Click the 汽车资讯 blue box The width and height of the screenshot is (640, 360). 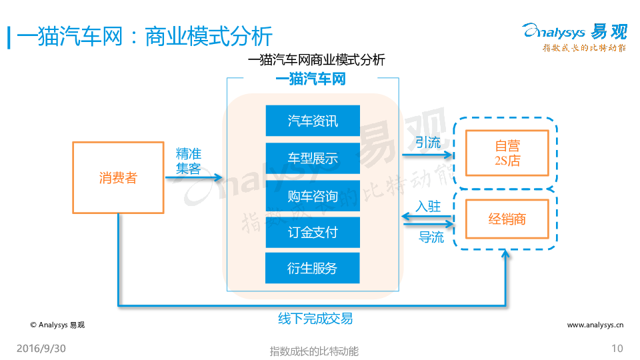coord(313,121)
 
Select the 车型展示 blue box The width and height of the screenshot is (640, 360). coord(313,159)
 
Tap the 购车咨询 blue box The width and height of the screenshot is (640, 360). coord(313,196)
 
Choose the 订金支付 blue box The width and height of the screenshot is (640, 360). coord(313,233)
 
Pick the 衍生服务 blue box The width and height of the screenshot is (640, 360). coord(313,268)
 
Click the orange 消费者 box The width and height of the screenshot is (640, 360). coord(118,177)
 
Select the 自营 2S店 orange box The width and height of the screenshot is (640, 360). coord(507,153)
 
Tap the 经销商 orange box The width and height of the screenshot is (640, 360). coord(507,218)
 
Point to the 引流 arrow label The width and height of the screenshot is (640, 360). coord(428,142)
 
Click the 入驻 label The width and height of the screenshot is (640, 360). coord(428,206)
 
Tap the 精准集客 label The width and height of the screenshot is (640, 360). coord(189,161)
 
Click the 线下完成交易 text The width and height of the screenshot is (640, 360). coord(315,319)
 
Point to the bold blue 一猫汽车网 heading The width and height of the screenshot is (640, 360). coord(311,79)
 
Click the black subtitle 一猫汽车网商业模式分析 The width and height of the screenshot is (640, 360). coord(316,60)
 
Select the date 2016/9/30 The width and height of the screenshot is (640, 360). coord(41,349)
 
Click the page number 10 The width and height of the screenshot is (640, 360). coord(617,349)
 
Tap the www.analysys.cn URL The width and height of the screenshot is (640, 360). coord(595,325)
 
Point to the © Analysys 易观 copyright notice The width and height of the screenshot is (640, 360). coord(57,325)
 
